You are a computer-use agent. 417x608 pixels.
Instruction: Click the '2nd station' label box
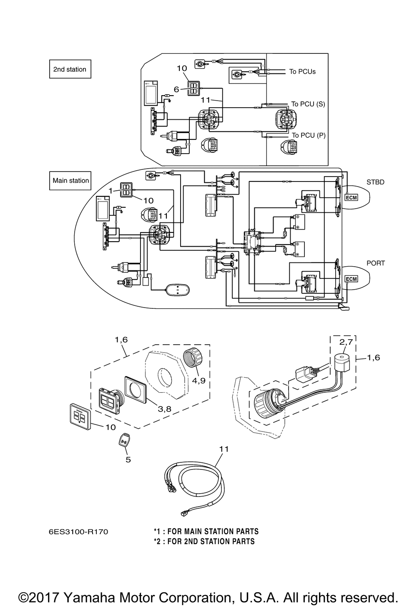pos(70,69)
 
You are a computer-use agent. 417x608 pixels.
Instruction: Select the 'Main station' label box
pos(70,181)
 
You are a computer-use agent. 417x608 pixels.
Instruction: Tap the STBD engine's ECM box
pos(351,198)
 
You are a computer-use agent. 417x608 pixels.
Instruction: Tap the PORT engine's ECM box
pos(351,279)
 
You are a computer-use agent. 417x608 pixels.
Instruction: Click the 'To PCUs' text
pos(302,71)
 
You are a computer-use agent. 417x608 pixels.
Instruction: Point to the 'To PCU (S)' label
pos(308,104)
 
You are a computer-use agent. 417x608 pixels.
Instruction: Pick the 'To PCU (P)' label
pos(309,135)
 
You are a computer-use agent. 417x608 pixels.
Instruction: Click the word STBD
pos(375,182)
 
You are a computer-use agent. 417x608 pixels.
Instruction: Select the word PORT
pos(376,263)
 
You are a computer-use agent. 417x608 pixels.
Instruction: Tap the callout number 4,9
pos(198,381)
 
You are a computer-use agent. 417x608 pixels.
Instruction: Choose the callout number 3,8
pos(164,409)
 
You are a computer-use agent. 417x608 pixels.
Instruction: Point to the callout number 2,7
pos(346,342)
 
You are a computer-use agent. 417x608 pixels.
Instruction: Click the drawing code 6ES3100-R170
pos(78,532)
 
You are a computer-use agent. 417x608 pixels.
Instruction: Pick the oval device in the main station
pos(178,290)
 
